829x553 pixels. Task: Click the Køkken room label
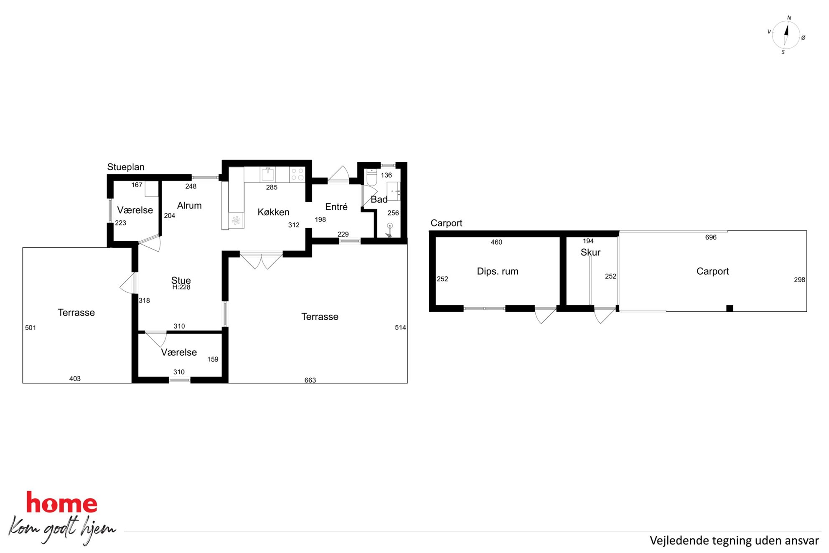tap(273, 212)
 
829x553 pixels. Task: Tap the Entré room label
tap(336, 207)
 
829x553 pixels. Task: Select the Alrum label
tap(189, 206)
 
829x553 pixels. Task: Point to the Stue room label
tap(181, 280)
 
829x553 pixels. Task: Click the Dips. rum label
tap(498, 272)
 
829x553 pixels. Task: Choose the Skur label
tap(590, 252)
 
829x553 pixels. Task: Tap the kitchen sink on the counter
tap(268, 174)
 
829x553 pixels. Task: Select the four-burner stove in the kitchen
tap(297, 174)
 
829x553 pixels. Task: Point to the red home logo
tap(62, 502)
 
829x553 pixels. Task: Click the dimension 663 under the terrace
tap(310, 380)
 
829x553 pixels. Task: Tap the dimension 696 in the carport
tap(711, 237)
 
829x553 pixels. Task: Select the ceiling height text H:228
tap(181, 287)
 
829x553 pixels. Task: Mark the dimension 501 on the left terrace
tap(31, 328)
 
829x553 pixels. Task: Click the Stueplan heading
tap(126, 167)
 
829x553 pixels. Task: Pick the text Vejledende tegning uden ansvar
tap(734, 541)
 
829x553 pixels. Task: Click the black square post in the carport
tap(730, 308)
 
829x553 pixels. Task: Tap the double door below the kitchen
tap(261, 260)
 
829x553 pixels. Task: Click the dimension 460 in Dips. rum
tap(496, 242)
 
